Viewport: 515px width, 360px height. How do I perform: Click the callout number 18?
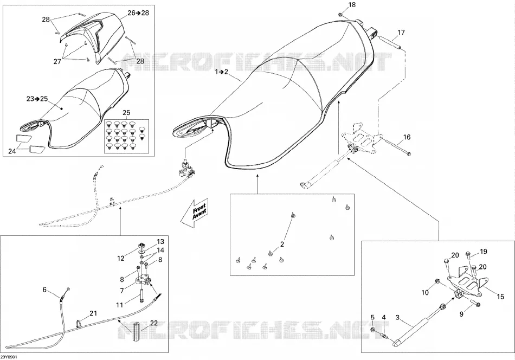point(352,4)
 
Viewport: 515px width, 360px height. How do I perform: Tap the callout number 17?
point(401,32)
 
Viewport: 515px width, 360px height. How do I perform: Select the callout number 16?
point(407,137)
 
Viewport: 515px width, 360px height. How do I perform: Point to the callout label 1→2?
point(221,72)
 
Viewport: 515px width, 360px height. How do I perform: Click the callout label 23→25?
point(37,99)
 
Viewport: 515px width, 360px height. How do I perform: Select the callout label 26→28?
point(138,13)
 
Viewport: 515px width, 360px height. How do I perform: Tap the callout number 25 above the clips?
point(126,113)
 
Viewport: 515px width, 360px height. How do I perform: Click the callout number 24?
point(12,151)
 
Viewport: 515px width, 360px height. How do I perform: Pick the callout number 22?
point(154,323)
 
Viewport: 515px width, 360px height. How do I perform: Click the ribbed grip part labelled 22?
point(136,332)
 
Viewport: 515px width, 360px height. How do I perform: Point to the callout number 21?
point(94,313)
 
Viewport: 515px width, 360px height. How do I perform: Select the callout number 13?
point(160,242)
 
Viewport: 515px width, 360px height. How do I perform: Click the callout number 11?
point(119,305)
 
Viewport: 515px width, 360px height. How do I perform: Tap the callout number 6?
point(44,290)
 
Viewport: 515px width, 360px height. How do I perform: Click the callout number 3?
point(397,317)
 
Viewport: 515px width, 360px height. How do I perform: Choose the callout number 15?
point(500,297)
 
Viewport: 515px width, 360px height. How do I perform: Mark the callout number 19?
point(484,252)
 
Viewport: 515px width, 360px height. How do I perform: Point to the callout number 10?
point(425,292)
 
